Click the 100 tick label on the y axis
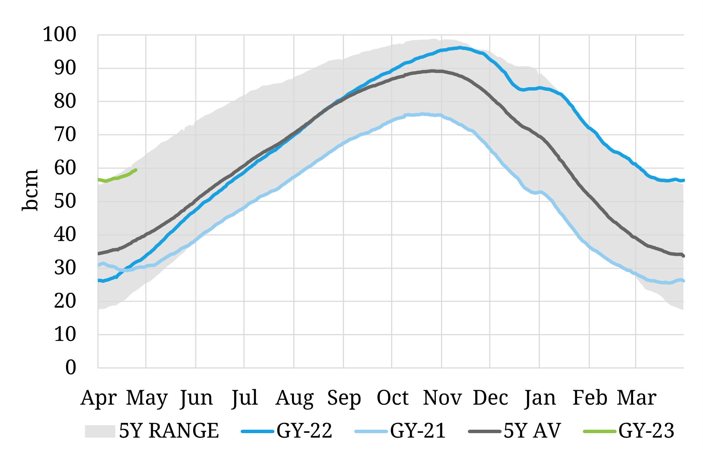tap(59, 34)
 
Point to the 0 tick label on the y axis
tap(71, 367)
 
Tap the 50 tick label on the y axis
tap(65, 201)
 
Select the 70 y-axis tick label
tap(65, 135)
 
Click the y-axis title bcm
tap(30, 190)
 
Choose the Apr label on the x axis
tap(98, 398)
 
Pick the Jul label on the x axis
tap(244, 398)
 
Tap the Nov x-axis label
tap(442, 398)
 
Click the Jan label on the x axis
tap(540, 398)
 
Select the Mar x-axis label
tap(636, 398)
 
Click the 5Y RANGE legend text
tap(169, 431)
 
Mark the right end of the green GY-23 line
tap(136, 170)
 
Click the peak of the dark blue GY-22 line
tap(460, 47)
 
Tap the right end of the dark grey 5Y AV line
tap(683, 256)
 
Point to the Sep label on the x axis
tap(344, 398)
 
